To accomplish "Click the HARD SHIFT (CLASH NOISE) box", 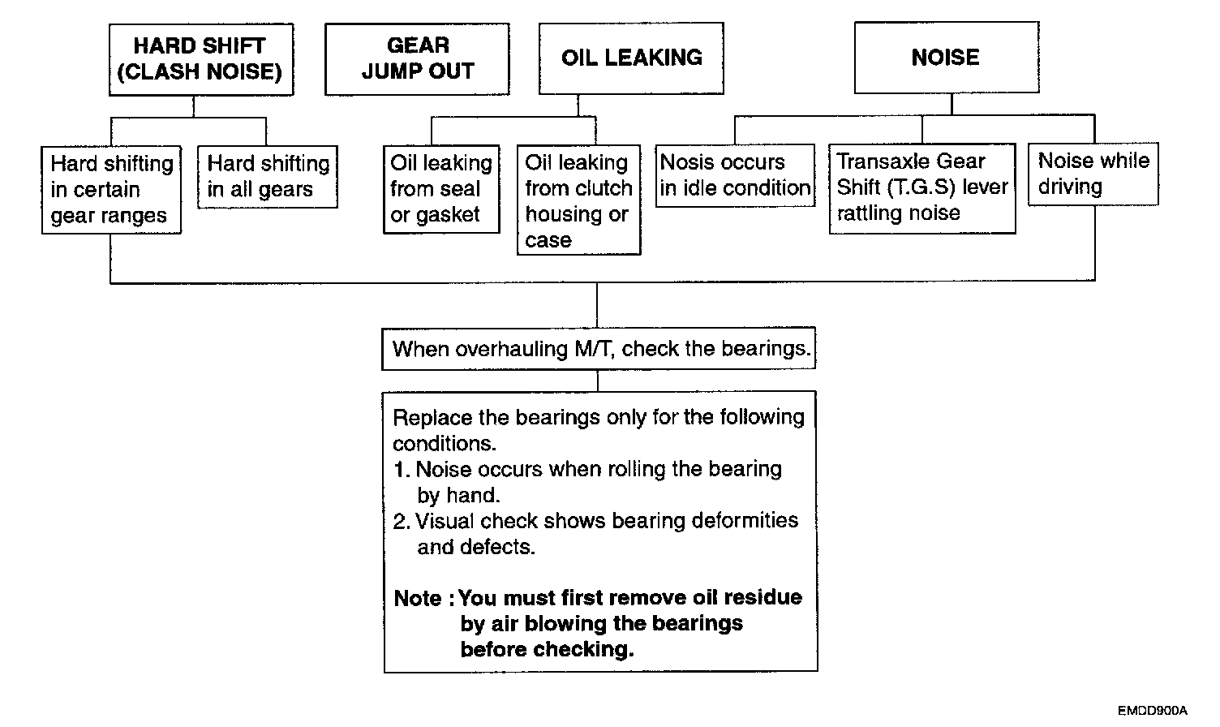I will [200, 59].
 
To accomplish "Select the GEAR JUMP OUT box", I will [417, 59].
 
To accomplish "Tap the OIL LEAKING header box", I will [631, 58].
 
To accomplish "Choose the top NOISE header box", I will [946, 58].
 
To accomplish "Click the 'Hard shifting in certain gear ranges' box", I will [111, 190].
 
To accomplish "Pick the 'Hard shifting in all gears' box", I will [268, 177].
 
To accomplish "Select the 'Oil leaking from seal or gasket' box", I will [441, 189].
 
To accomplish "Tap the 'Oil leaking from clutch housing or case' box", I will [578, 201].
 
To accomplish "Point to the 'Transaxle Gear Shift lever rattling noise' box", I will [921, 188].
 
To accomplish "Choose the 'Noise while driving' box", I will [1093, 174].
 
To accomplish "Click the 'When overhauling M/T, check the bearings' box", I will [599, 349].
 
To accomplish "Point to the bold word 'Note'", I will [417, 599].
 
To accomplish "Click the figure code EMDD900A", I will [1152, 711].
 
